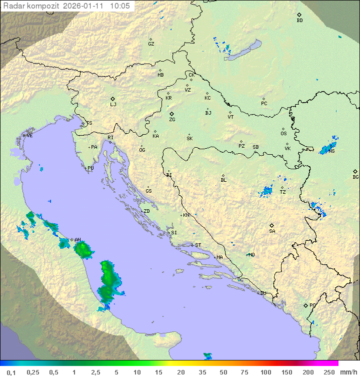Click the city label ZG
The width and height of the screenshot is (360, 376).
click(172, 120)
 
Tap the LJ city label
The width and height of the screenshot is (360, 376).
click(113, 105)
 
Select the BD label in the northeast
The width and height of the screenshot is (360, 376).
click(299, 21)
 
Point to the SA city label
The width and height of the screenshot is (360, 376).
click(272, 231)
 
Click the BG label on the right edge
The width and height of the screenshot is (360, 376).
click(355, 177)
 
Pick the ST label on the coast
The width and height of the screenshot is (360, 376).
click(198, 245)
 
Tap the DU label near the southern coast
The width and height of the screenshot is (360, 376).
click(263, 293)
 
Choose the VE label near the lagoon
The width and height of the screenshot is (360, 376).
click(29, 136)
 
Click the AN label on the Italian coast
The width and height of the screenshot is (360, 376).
click(77, 240)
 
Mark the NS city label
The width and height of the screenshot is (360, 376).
click(331, 151)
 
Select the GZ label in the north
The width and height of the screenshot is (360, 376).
click(151, 44)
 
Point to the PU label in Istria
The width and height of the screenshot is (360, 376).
click(90, 168)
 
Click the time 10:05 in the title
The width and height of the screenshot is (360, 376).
click(120, 6)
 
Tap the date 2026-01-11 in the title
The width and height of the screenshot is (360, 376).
click(84, 6)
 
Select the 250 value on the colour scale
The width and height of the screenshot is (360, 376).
click(329, 372)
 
